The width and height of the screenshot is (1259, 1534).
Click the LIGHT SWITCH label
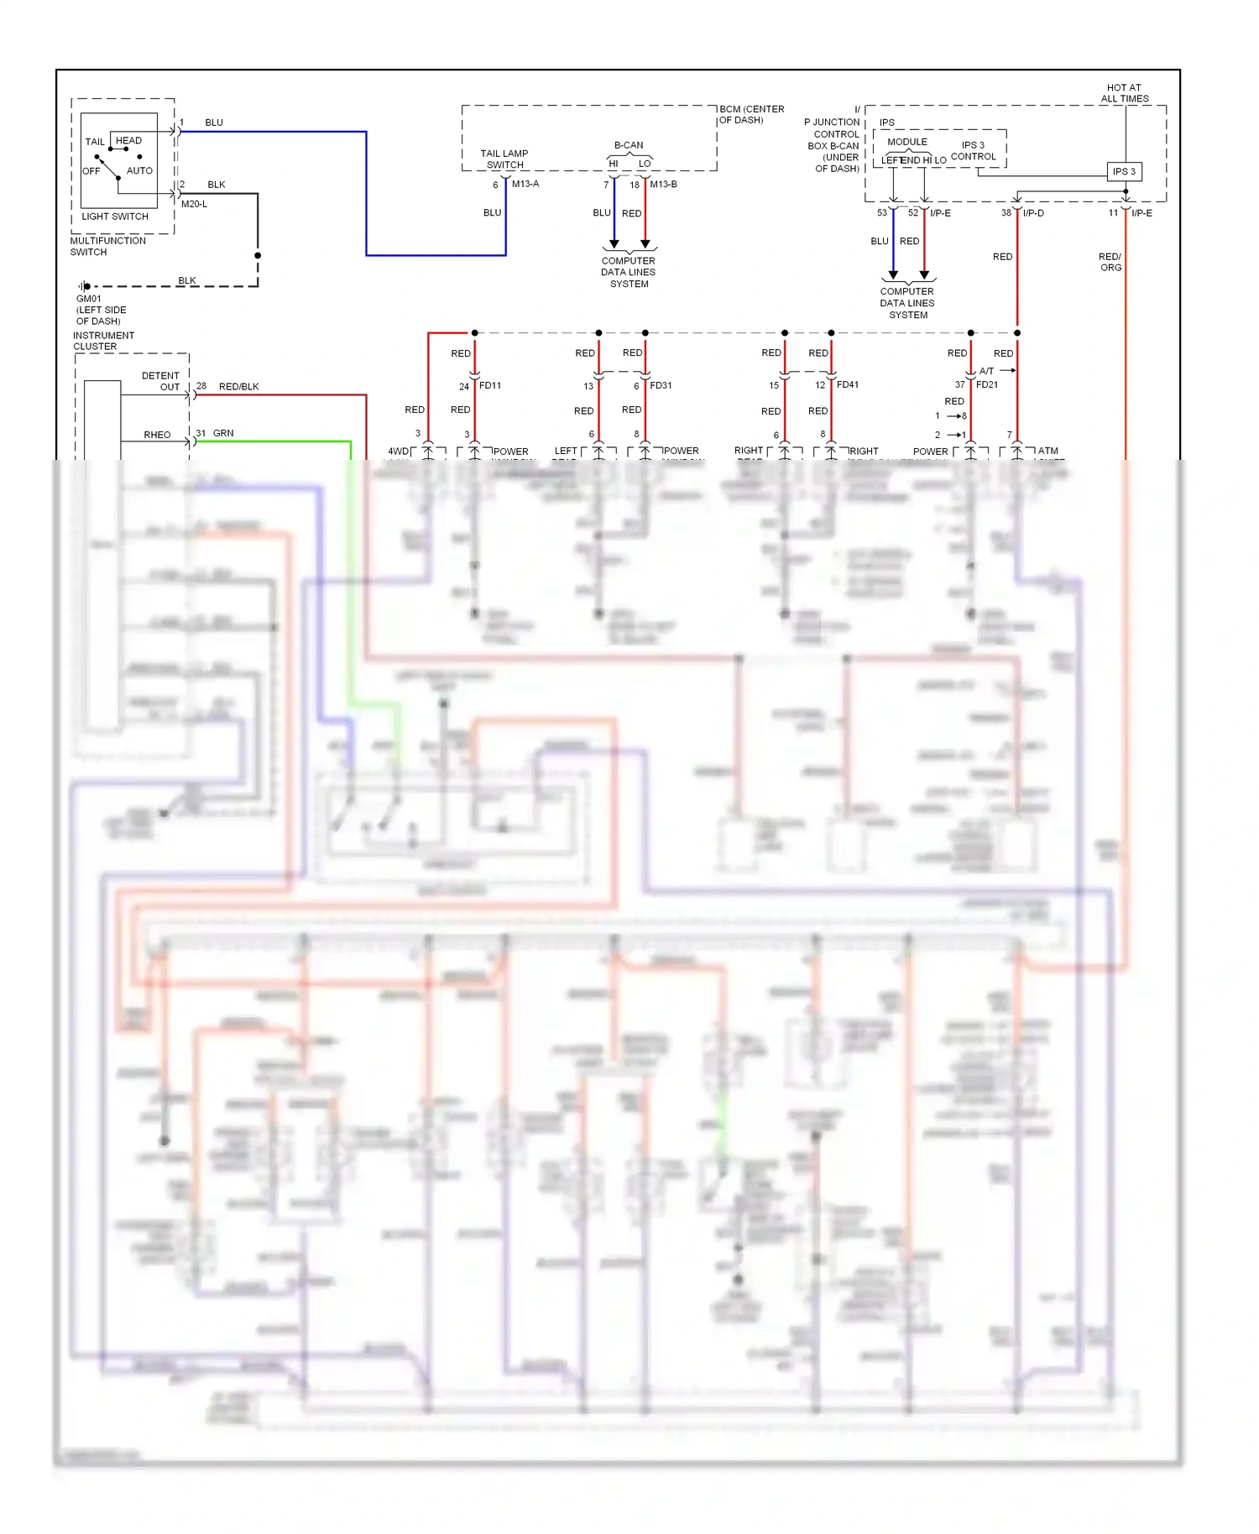coord(115,217)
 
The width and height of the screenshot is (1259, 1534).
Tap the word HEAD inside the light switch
coord(128,141)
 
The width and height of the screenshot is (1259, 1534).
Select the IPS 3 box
coord(1124,172)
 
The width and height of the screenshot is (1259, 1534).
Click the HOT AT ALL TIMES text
coord(1124,93)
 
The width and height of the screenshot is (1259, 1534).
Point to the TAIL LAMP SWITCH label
coord(504,159)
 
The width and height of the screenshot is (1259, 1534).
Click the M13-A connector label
coord(525,185)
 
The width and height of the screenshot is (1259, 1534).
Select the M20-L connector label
coord(194,204)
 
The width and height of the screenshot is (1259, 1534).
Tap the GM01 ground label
coord(89,299)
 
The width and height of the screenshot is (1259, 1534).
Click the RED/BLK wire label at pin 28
coord(239,387)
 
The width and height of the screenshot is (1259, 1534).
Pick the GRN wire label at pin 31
coord(223,434)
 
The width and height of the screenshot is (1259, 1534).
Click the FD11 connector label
coord(490,386)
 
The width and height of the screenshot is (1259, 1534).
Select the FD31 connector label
coord(661,386)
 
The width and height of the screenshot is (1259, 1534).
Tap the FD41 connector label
coord(848,385)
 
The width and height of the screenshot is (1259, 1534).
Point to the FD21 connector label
coord(987,385)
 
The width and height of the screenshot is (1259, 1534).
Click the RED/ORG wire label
coord(1110,262)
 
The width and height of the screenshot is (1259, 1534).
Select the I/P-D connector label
coord(1033,213)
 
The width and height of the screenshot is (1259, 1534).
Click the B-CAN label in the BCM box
coord(629,145)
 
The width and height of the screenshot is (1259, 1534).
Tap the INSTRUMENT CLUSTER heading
coord(103,341)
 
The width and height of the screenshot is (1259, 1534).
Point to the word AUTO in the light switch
coord(139,171)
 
